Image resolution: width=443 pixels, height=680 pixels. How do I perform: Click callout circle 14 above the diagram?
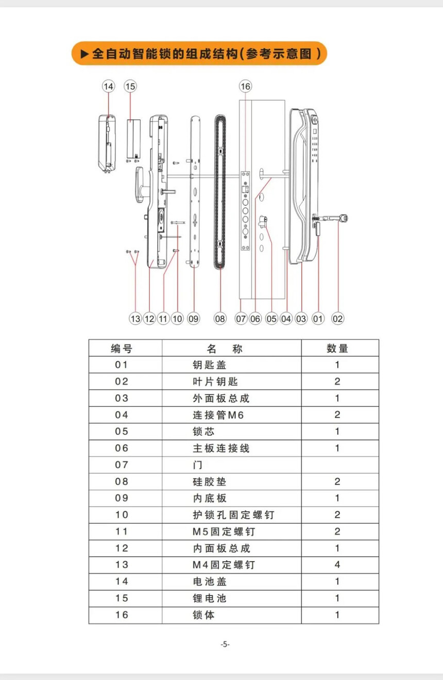(x=108, y=86)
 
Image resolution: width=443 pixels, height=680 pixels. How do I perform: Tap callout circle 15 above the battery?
(x=130, y=86)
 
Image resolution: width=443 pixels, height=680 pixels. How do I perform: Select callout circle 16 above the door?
(x=245, y=86)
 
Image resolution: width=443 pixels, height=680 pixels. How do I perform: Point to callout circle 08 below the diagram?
(x=220, y=319)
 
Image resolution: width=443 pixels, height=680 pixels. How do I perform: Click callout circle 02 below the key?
(x=337, y=319)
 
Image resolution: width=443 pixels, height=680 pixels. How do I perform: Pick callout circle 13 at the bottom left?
(x=135, y=319)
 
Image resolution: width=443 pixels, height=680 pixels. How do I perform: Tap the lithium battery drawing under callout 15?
(x=134, y=138)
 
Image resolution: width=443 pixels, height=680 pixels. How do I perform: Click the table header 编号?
(x=122, y=348)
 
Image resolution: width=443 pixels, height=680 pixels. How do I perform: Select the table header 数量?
(x=337, y=348)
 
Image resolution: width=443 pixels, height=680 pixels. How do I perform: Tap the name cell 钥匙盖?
(x=209, y=365)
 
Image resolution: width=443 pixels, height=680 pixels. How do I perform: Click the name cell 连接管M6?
(x=218, y=415)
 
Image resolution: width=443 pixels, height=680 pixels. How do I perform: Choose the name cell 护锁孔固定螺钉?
(x=233, y=514)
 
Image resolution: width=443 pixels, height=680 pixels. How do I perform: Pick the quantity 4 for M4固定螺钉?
(x=337, y=565)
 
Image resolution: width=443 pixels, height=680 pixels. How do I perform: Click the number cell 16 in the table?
(x=122, y=615)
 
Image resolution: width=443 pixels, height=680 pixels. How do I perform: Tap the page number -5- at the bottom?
(x=225, y=645)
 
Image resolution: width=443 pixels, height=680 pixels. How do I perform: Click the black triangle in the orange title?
(x=85, y=53)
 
